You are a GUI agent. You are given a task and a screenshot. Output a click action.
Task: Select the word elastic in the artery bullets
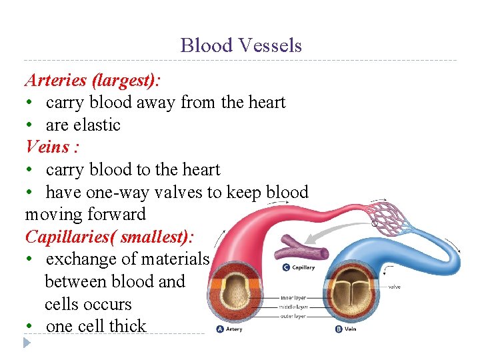tap(97, 125)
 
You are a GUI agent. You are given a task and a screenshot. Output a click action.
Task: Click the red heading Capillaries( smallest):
tap(109, 237)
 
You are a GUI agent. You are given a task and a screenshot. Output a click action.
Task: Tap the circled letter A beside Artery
tap(219, 329)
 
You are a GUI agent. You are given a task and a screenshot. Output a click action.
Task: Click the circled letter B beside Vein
tap(339, 329)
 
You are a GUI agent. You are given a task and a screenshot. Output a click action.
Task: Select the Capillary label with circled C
tap(298, 267)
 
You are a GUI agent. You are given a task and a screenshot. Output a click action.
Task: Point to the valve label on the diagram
tap(395, 287)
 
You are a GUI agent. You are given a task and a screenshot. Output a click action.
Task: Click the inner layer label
tap(293, 297)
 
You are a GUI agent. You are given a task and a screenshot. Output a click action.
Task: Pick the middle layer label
tap(293, 306)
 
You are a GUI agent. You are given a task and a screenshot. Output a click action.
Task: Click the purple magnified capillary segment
tap(303, 249)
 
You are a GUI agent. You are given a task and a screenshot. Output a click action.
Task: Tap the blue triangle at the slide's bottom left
tap(27, 343)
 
